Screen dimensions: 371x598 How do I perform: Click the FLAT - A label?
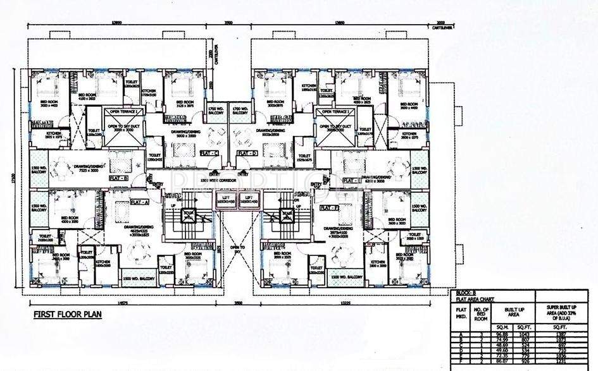[x=139, y=202]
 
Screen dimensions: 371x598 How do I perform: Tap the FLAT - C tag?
[x=209, y=154]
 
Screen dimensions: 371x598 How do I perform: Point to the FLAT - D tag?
[x=246, y=154]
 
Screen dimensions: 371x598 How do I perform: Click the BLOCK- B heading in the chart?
[x=464, y=295]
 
